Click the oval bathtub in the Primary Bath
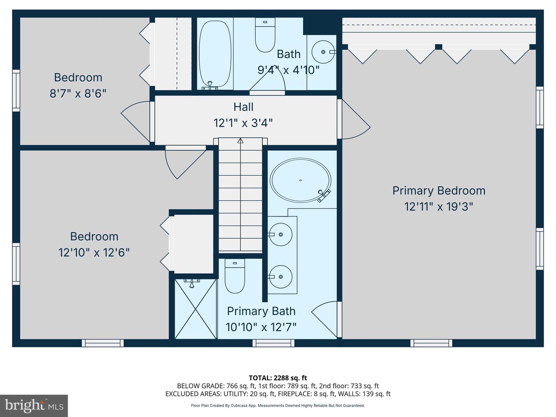(300, 180)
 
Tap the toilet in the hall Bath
(265, 36)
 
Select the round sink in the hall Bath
(322, 51)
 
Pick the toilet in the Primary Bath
(235, 276)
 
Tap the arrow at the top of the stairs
(241, 141)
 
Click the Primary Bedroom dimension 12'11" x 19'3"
(439, 207)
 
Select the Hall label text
(243, 107)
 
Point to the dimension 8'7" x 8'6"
(78, 93)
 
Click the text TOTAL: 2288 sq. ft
(278, 378)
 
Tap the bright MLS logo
(34, 405)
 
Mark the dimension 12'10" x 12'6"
(94, 253)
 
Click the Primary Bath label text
(261, 311)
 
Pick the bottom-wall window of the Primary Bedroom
(431, 342)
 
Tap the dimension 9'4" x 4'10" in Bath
(288, 70)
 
